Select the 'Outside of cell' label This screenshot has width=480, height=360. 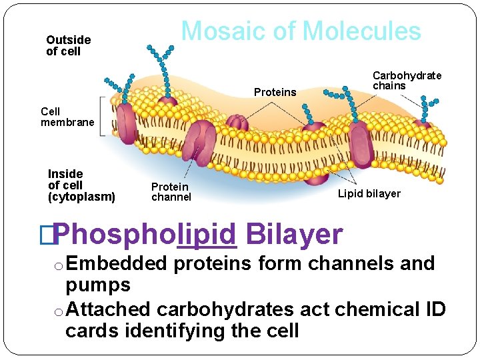[68, 45]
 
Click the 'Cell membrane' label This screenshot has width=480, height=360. [67, 117]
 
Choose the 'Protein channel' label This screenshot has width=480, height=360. [171, 192]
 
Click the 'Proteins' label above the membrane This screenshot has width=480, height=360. [275, 93]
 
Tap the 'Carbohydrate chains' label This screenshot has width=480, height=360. [407, 81]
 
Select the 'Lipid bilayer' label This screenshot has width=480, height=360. [369, 194]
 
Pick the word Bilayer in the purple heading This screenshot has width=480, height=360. [294, 235]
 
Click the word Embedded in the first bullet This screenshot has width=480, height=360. [117, 264]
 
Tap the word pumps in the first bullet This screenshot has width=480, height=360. [98, 285]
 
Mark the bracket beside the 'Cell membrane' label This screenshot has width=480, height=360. [102, 117]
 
